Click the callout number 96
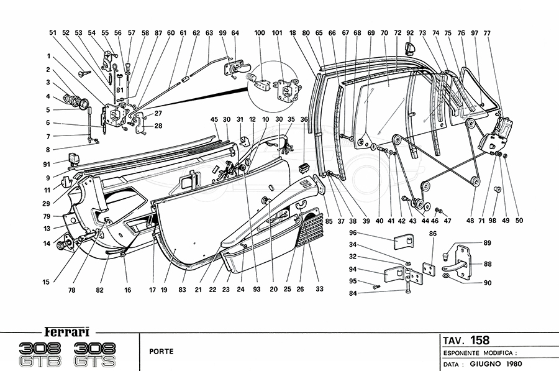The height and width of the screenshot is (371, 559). coord(370,233)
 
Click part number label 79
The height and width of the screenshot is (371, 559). coord(47,217)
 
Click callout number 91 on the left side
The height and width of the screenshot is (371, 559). coord(47,165)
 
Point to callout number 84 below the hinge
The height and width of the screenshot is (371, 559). coord(371,293)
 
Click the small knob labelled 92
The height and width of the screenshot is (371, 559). coord(409,47)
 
